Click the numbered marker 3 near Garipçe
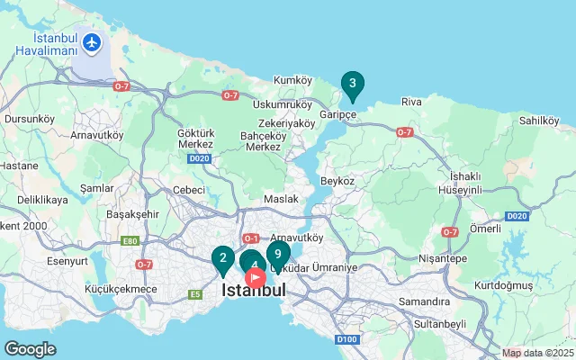click(x=352, y=85)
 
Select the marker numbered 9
click(x=278, y=254)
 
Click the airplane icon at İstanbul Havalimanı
click(x=91, y=42)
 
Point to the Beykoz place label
click(x=337, y=181)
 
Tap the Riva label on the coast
click(x=411, y=102)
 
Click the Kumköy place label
click(x=292, y=80)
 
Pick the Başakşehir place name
click(x=132, y=215)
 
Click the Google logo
click(x=31, y=348)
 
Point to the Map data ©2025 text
click(x=537, y=354)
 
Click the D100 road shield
click(x=346, y=339)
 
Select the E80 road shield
click(x=130, y=241)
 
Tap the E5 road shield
click(x=195, y=294)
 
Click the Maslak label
click(x=281, y=199)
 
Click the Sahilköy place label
click(x=540, y=120)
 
